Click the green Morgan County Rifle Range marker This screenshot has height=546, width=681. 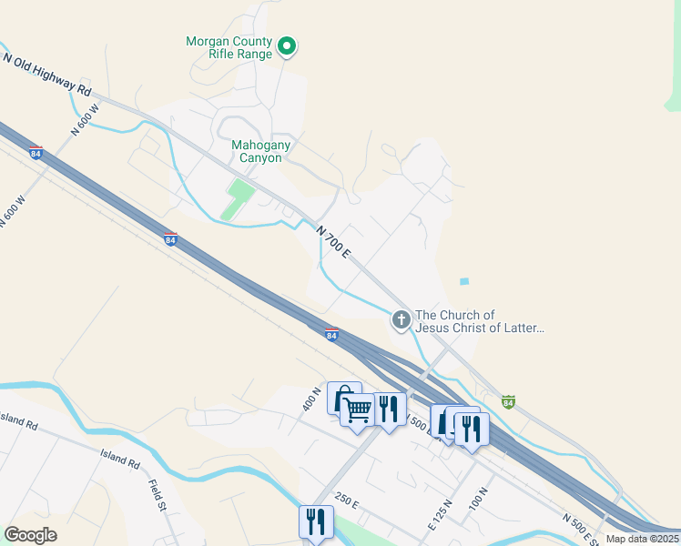(287, 45)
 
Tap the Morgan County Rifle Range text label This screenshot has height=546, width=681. (229, 47)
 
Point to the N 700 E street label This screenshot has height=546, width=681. (333, 241)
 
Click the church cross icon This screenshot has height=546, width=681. (401, 319)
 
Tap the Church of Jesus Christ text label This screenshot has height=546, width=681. (480, 322)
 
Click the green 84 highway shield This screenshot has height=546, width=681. (509, 401)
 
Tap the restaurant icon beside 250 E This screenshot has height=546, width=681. (315, 521)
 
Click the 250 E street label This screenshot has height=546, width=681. (347, 502)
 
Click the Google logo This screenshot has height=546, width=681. (30, 535)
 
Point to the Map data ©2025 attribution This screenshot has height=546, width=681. (643, 539)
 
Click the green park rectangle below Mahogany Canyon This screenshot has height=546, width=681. (237, 198)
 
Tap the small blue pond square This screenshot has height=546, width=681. (464, 281)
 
